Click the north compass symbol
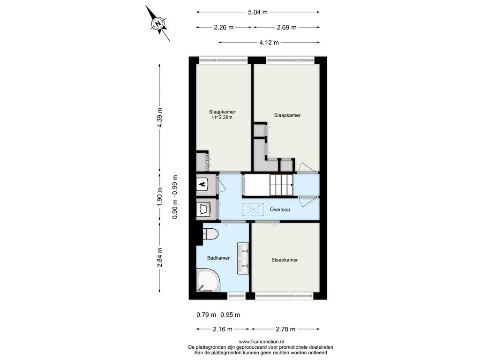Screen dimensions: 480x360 point(158,23)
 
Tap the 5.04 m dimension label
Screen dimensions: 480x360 point(258,12)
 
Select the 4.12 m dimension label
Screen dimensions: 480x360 point(269,43)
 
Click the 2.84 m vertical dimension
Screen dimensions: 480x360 point(159,257)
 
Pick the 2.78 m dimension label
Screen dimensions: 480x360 point(285,329)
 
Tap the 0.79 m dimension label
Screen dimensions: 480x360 point(206,315)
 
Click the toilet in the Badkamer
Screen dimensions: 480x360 point(210,234)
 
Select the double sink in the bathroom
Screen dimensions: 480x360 point(243,258)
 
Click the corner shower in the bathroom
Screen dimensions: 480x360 point(208,280)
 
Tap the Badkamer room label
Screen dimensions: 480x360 point(218,258)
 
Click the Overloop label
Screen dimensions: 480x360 point(280,210)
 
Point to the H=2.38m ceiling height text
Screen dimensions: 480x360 point(222,117)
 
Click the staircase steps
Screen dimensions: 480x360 point(281,185)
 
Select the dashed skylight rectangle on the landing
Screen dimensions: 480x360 point(253,210)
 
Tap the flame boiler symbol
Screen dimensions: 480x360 point(202,184)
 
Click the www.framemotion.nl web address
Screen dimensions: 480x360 point(261,342)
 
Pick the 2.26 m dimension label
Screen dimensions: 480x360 point(224,28)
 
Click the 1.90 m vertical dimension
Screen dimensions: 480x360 point(159,196)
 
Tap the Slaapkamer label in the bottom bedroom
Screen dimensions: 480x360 point(285,260)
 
